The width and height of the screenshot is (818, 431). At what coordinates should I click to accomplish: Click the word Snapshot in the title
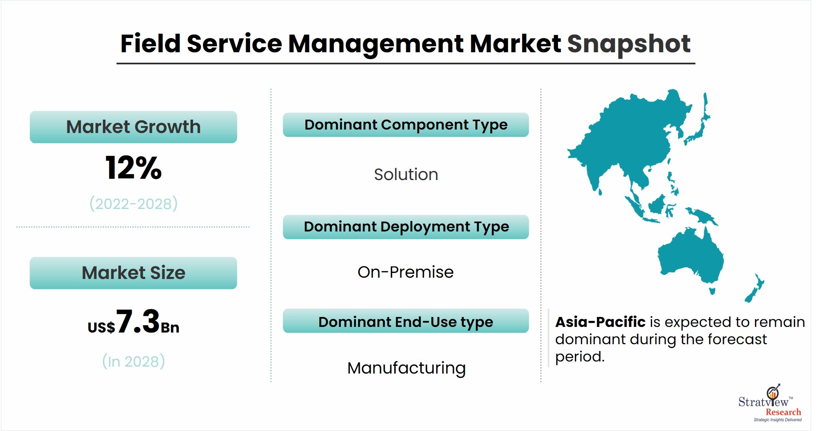(628, 44)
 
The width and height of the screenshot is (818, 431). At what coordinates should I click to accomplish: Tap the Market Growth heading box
(133, 127)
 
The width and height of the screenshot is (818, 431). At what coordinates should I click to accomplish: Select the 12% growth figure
(133, 168)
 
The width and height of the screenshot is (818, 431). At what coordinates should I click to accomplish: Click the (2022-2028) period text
(133, 203)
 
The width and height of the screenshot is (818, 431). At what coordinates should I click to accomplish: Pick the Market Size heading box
(133, 273)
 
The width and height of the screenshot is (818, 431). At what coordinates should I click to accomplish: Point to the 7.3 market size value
(138, 321)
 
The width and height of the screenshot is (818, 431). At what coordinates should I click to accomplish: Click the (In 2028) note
(133, 361)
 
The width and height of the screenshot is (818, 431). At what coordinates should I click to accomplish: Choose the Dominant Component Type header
(406, 125)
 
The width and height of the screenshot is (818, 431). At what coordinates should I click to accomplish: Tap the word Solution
(406, 174)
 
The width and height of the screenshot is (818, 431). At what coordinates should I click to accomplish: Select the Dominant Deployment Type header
(406, 227)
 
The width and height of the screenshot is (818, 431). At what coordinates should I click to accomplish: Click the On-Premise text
(406, 272)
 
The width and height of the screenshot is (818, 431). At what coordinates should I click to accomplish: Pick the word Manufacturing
(406, 368)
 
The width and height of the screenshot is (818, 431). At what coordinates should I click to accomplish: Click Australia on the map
(691, 257)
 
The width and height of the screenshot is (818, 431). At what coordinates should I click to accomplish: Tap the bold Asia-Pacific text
(600, 322)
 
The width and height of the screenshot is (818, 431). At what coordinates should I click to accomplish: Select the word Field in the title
(150, 44)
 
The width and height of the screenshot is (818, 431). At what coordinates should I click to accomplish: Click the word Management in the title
(376, 44)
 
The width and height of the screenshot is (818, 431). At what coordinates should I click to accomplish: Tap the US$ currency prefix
(101, 327)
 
